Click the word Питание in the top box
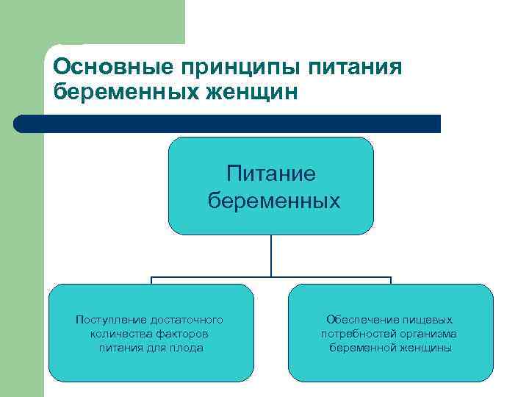[271, 174]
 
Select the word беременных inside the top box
[273, 200]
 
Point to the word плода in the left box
[188, 348]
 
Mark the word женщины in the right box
[426, 348]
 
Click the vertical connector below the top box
[271, 256]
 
